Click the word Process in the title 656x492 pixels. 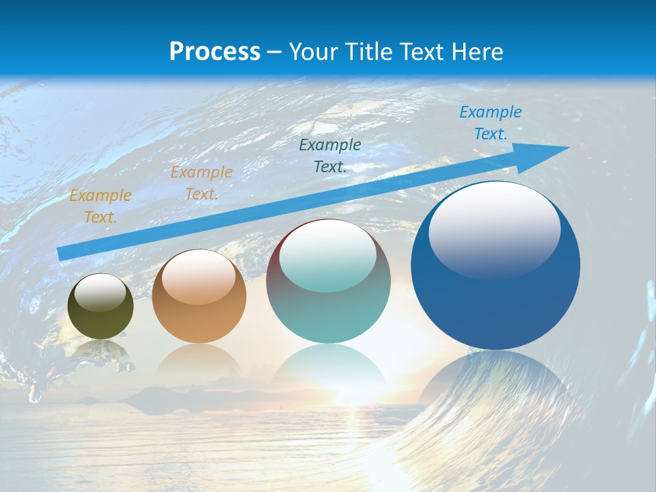click(215, 52)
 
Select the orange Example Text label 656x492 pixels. click(202, 183)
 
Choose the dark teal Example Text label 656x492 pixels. click(330, 155)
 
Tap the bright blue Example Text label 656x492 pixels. click(490, 123)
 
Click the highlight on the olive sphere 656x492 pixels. click(100, 292)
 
